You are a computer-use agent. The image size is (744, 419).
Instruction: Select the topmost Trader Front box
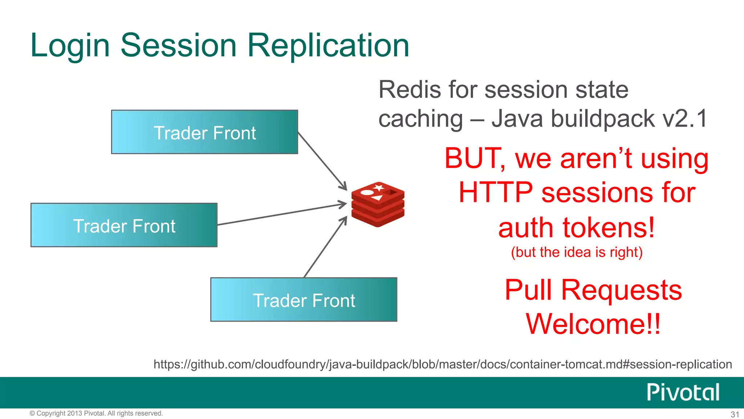click(205, 132)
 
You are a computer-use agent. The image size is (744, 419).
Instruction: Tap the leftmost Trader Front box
click(124, 225)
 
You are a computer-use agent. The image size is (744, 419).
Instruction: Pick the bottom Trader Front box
click(304, 300)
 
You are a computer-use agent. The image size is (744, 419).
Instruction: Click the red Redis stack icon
click(378, 204)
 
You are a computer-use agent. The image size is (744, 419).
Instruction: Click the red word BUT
click(473, 159)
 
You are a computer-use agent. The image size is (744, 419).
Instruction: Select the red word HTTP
click(496, 193)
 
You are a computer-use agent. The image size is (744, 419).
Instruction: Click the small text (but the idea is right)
click(577, 252)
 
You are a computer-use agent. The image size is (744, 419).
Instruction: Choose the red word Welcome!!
click(593, 324)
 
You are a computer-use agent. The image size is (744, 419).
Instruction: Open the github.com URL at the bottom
click(442, 364)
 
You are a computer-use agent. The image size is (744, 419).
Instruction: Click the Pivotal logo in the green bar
click(683, 392)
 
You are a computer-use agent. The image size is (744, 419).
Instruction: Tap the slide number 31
click(735, 414)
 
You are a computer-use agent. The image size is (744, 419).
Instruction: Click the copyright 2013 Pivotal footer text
click(96, 413)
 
